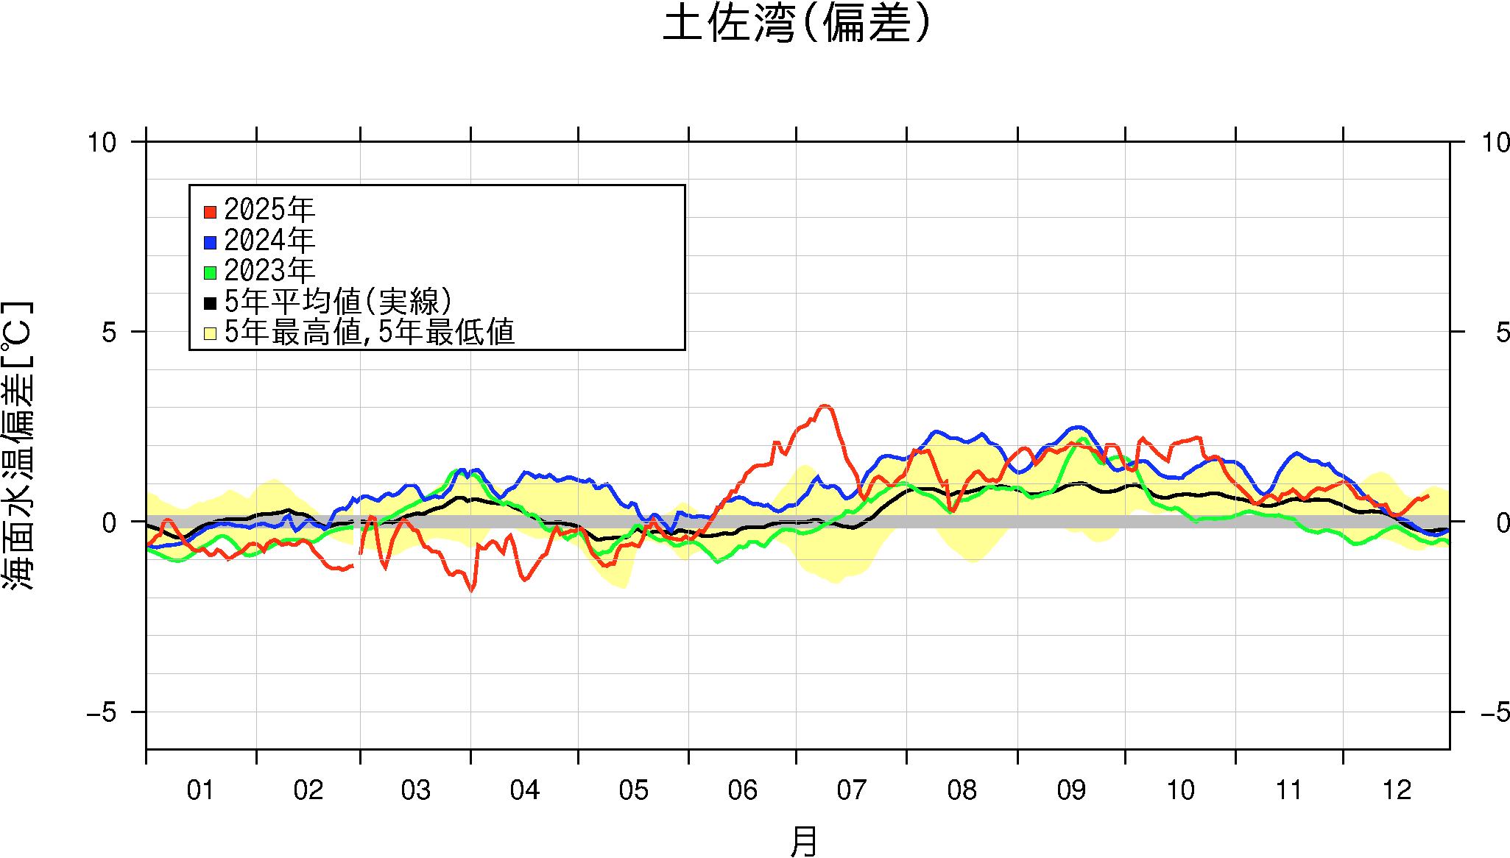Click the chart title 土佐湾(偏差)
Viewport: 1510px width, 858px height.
(x=797, y=24)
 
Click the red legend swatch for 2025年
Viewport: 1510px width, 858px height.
(x=210, y=212)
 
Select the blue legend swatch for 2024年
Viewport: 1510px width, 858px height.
(x=210, y=242)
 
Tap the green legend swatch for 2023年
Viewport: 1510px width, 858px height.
(x=210, y=272)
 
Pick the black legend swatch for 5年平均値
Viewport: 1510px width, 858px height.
(x=210, y=302)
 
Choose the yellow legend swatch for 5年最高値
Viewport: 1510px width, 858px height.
(x=210, y=333)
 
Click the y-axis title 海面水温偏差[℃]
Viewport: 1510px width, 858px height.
(x=18, y=444)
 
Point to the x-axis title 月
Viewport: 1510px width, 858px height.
(x=803, y=840)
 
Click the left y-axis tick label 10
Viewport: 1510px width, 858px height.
(x=102, y=143)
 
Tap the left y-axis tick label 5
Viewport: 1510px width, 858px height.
(x=109, y=333)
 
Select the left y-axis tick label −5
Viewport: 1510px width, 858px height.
(x=102, y=712)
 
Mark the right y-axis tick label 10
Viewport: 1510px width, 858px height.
(x=1496, y=143)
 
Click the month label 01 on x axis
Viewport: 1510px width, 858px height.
(x=200, y=790)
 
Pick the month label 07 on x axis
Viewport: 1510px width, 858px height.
(x=851, y=790)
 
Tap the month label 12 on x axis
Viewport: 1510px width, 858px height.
(x=1397, y=790)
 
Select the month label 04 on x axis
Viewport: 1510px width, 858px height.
(x=524, y=790)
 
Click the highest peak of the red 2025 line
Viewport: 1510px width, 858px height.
(x=825, y=406)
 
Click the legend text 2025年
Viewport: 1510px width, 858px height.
(x=269, y=210)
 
